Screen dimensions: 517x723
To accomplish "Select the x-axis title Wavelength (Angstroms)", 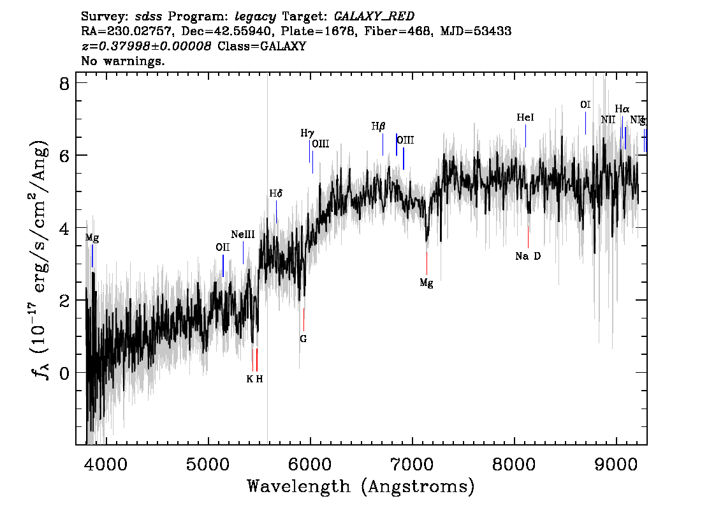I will pyautogui.click(x=361, y=486).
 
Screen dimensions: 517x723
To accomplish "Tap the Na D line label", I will pyautogui.click(x=528, y=257).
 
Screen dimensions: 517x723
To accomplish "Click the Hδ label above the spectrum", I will pyautogui.click(x=275, y=193).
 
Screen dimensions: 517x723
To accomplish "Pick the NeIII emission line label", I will pyautogui.click(x=243, y=235).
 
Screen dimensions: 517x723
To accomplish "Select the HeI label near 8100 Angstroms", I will pyautogui.click(x=525, y=118).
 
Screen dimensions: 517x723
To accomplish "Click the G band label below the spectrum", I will pyautogui.click(x=303, y=339).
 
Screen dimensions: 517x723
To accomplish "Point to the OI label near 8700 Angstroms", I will pyautogui.click(x=585, y=105).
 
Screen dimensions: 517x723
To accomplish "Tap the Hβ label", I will pyautogui.click(x=379, y=126).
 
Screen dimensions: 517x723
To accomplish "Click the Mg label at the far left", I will pyautogui.click(x=92, y=238).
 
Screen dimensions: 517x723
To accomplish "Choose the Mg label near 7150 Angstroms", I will pyautogui.click(x=427, y=283).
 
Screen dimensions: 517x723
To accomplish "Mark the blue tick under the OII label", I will pyautogui.click(x=223, y=265).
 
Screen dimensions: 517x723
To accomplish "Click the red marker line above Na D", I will pyautogui.click(x=529, y=237).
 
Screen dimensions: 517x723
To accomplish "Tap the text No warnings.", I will pyautogui.click(x=123, y=61).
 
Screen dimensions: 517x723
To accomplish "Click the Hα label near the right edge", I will pyautogui.click(x=622, y=109).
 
